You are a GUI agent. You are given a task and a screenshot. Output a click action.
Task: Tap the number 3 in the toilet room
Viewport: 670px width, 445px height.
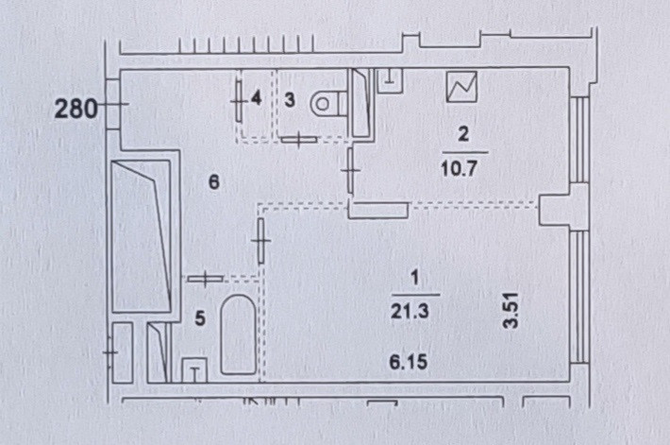coord(291,98)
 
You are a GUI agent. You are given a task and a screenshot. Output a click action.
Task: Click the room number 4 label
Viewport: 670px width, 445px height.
coord(257,97)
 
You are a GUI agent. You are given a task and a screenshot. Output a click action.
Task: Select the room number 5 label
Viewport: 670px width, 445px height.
coord(199,318)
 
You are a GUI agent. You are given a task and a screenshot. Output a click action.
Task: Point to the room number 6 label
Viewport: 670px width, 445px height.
coord(214,183)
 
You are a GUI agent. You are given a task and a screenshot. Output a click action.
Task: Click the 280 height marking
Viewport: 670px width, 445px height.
coord(75,109)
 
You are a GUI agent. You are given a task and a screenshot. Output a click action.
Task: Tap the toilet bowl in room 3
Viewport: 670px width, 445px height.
coord(327,100)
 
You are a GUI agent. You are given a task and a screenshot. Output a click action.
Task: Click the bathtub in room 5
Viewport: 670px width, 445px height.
coord(237,334)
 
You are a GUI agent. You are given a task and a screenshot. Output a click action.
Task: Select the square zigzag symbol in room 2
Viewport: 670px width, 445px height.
coord(462,88)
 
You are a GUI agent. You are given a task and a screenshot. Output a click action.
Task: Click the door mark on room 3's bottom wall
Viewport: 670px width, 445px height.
coord(299,140)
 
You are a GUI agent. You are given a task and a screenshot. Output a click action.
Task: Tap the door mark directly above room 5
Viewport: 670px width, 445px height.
coord(205,279)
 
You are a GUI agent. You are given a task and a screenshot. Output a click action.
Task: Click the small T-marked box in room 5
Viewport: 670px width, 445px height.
coord(194,369)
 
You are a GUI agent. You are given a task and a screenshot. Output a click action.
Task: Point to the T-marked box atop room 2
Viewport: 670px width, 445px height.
coord(390,79)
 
